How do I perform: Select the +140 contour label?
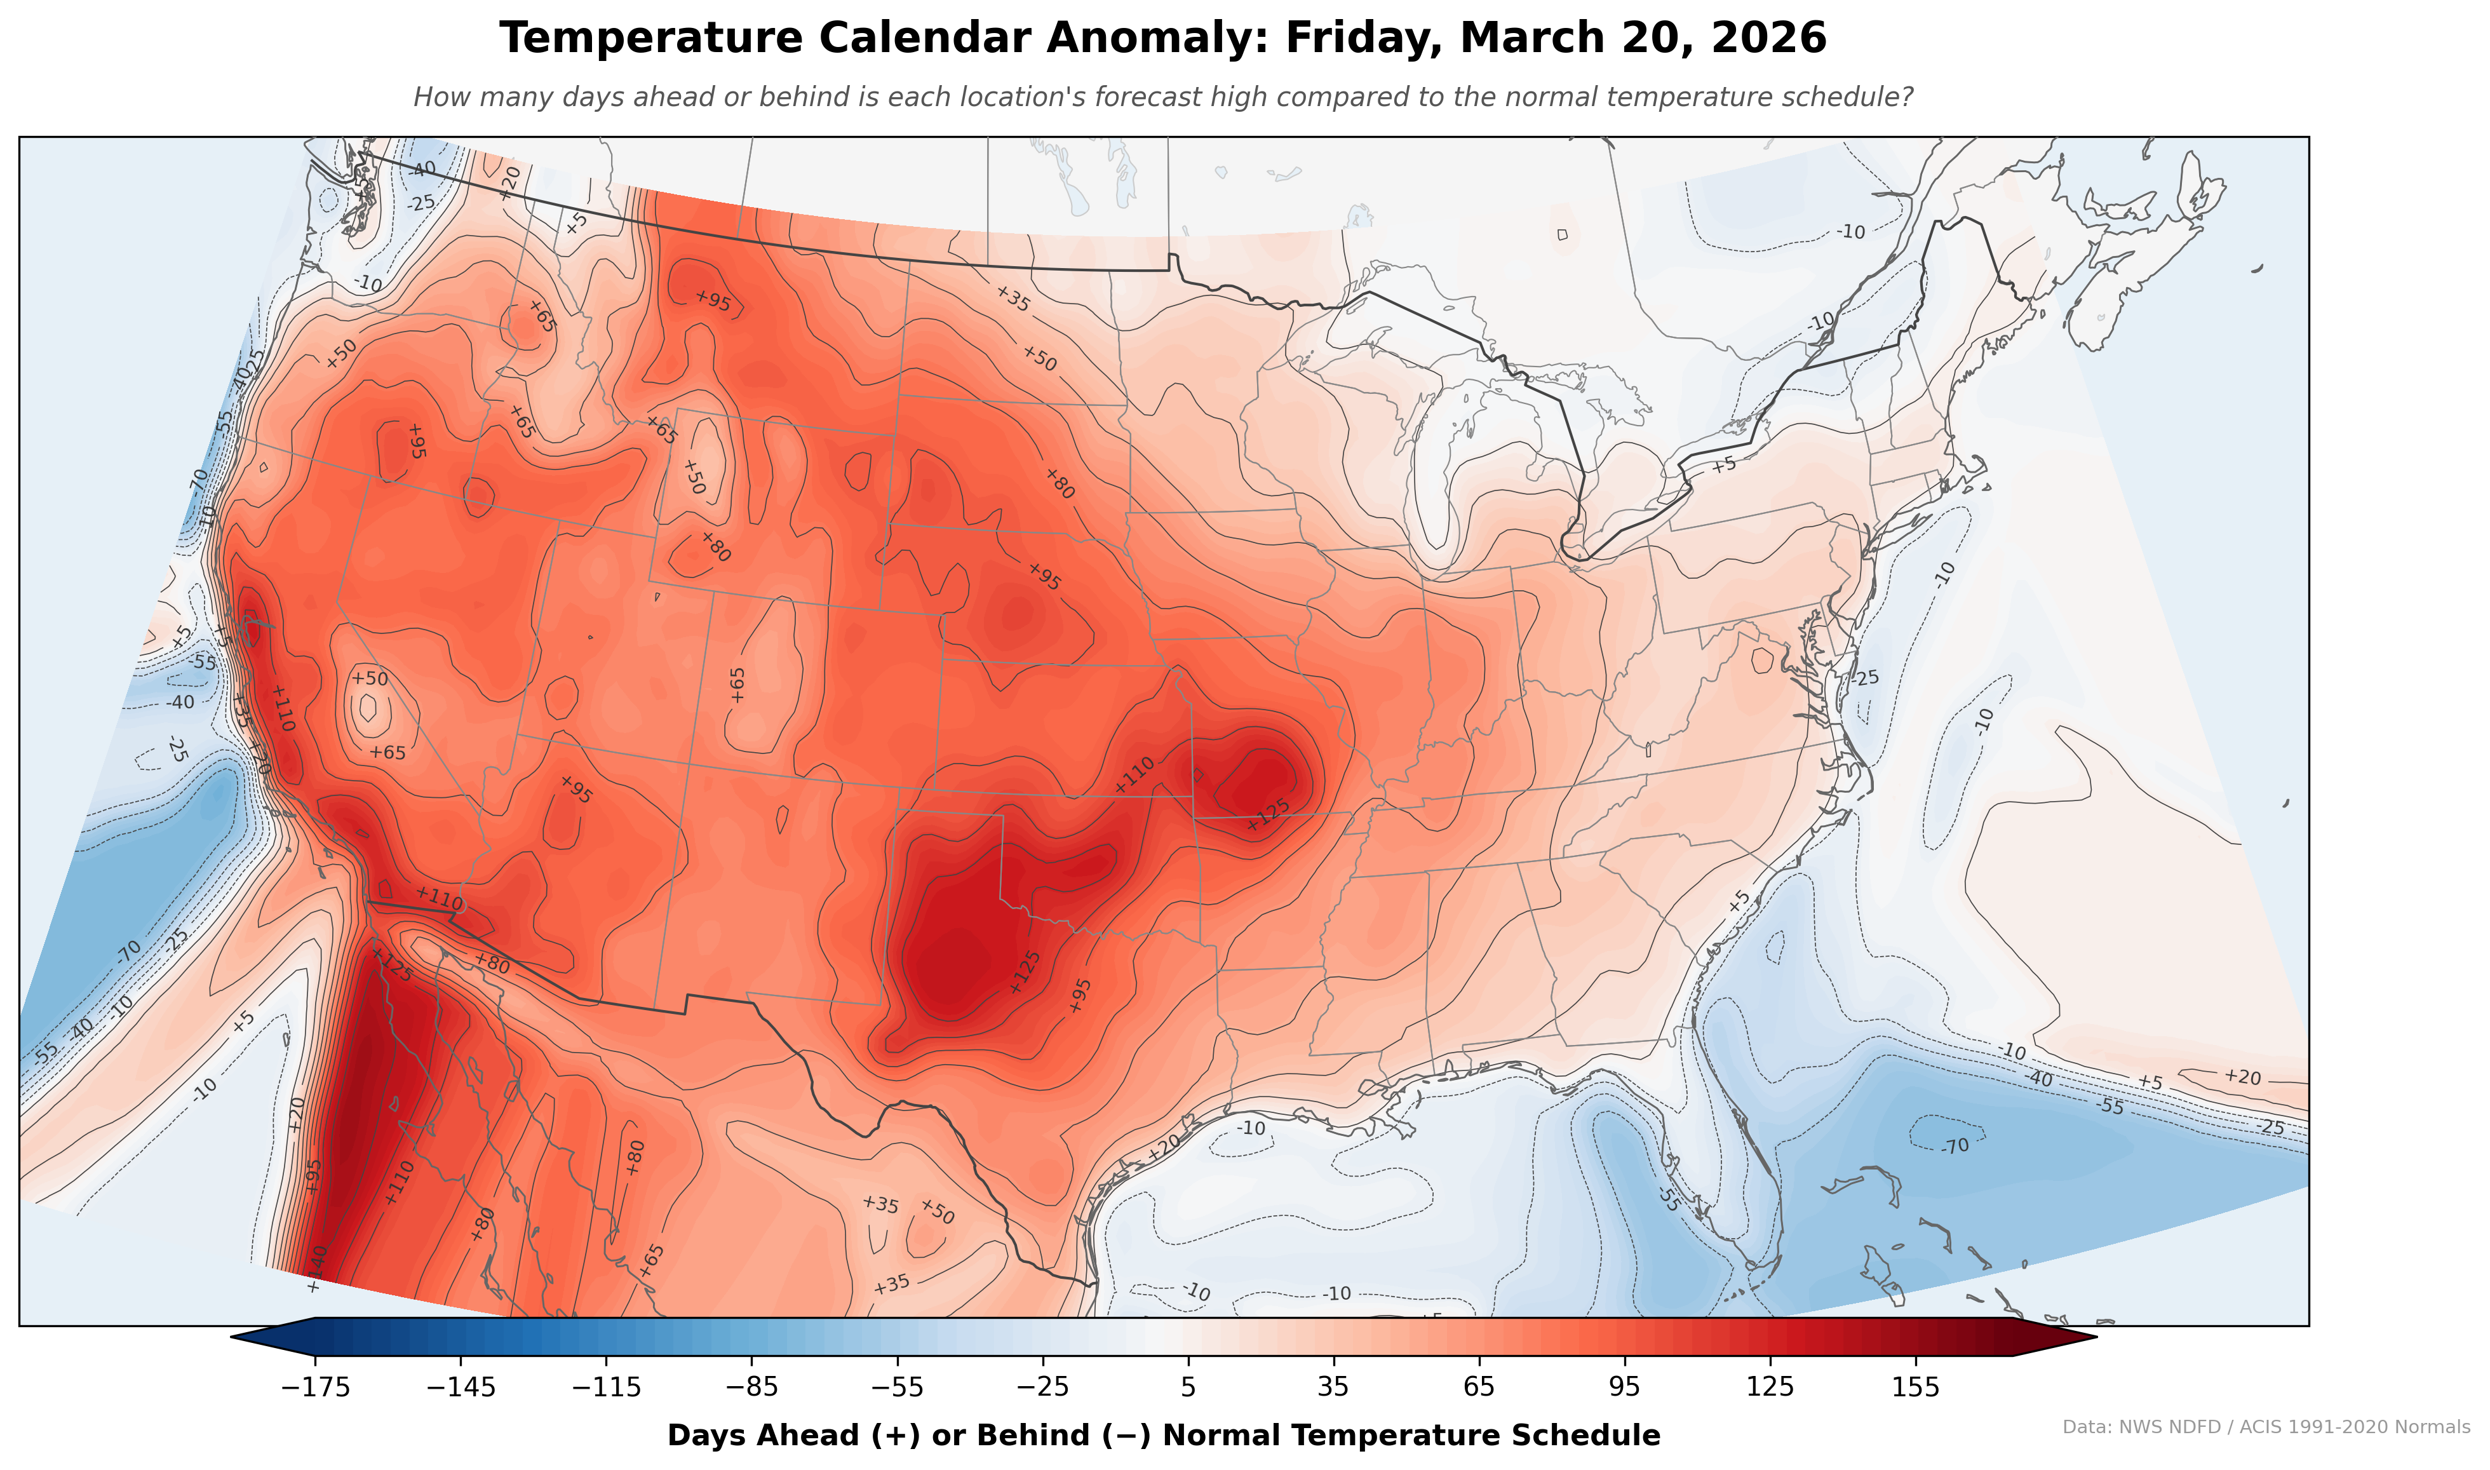pyautogui.click(x=315, y=1264)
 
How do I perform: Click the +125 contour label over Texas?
pyautogui.click(x=1025, y=972)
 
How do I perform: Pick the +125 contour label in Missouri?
pyautogui.click(x=1269, y=813)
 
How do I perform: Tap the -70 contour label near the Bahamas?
pyautogui.click(x=1955, y=1146)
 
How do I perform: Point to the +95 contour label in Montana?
pyautogui.click(x=713, y=301)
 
